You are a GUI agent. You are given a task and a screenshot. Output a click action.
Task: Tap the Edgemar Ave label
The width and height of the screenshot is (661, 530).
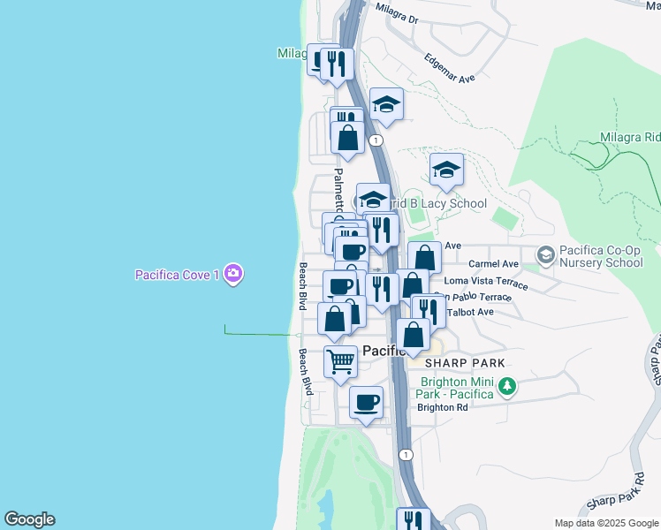pos(450,66)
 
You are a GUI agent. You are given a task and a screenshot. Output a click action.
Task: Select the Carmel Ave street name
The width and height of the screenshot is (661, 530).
pos(493,263)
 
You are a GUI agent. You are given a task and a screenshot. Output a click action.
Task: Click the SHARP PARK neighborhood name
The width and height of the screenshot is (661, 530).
pos(465,363)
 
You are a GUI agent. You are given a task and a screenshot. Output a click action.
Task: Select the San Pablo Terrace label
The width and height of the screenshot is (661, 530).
pos(472,298)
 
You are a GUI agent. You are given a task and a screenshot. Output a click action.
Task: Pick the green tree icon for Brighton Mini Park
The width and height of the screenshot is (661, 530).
pos(507,386)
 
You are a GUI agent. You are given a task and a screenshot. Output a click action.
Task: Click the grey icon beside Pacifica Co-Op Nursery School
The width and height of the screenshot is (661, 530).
pos(545,254)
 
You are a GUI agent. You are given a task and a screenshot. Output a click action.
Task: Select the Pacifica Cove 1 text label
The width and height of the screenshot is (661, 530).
pos(177,275)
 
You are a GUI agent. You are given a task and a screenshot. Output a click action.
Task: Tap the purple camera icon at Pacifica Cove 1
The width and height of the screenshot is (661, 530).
pos(232,274)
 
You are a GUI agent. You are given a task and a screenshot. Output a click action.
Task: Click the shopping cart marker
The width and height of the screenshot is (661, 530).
pos(340,362)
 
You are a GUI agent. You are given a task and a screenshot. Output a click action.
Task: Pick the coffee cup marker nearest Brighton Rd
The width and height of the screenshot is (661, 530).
pos(366,403)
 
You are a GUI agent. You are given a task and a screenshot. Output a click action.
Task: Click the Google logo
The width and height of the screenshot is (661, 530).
pos(29,519)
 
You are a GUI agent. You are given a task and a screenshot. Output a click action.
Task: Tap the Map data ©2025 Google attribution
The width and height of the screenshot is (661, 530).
pos(604,523)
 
